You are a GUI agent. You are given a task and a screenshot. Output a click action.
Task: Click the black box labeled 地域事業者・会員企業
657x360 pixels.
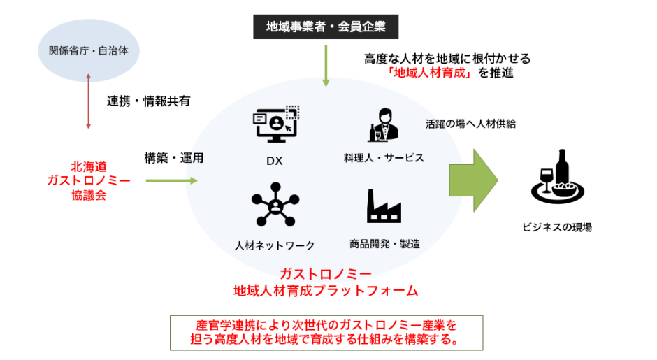(326, 27)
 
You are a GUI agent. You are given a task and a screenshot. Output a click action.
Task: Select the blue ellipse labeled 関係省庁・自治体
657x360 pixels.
(89, 50)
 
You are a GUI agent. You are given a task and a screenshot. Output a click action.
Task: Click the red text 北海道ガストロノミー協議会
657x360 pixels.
(89, 180)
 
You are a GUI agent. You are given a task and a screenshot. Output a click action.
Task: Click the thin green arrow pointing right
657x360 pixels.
(172, 180)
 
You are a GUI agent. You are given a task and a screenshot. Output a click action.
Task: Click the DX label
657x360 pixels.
(274, 161)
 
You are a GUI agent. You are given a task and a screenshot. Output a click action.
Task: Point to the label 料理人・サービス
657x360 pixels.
(384, 158)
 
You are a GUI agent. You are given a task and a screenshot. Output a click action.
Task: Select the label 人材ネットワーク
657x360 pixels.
(275, 245)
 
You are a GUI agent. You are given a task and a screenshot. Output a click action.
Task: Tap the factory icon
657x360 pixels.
(384, 206)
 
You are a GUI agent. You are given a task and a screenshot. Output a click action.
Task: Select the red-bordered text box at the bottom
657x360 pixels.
(326, 333)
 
